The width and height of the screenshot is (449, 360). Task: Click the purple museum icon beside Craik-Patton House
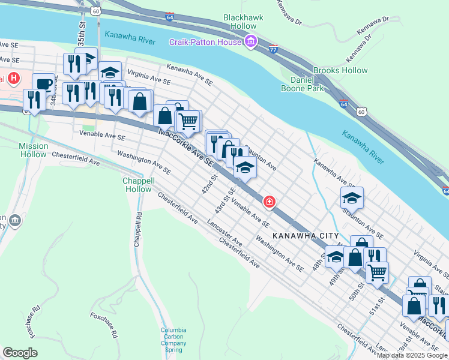click(251, 41)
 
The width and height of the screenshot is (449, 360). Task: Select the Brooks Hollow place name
click(340, 70)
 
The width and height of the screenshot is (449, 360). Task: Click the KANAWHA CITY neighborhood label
click(305, 236)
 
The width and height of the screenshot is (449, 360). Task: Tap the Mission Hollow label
click(34, 150)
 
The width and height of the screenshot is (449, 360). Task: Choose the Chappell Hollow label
click(138, 185)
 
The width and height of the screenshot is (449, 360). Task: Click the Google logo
click(20, 353)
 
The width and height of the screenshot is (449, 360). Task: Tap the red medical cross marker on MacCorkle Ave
click(270, 201)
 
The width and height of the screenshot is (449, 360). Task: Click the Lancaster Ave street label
click(224, 234)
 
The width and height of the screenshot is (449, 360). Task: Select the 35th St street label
click(81, 35)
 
